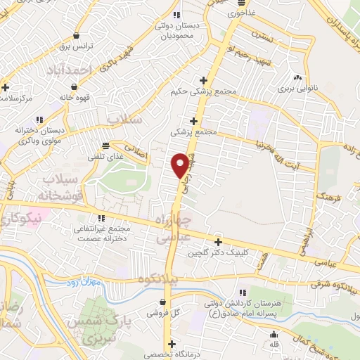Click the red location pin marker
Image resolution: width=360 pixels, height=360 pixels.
pyautogui.click(x=180, y=165)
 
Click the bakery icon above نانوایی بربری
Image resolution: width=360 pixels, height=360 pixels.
pyautogui.click(x=299, y=77)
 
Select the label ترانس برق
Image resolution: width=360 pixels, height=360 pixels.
pyautogui.click(x=75, y=46)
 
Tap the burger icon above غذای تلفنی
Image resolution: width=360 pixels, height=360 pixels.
pyautogui.click(x=105, y=146)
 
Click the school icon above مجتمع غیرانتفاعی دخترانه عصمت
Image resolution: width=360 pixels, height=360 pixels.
pyautogui.click(x=103, y=218)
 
